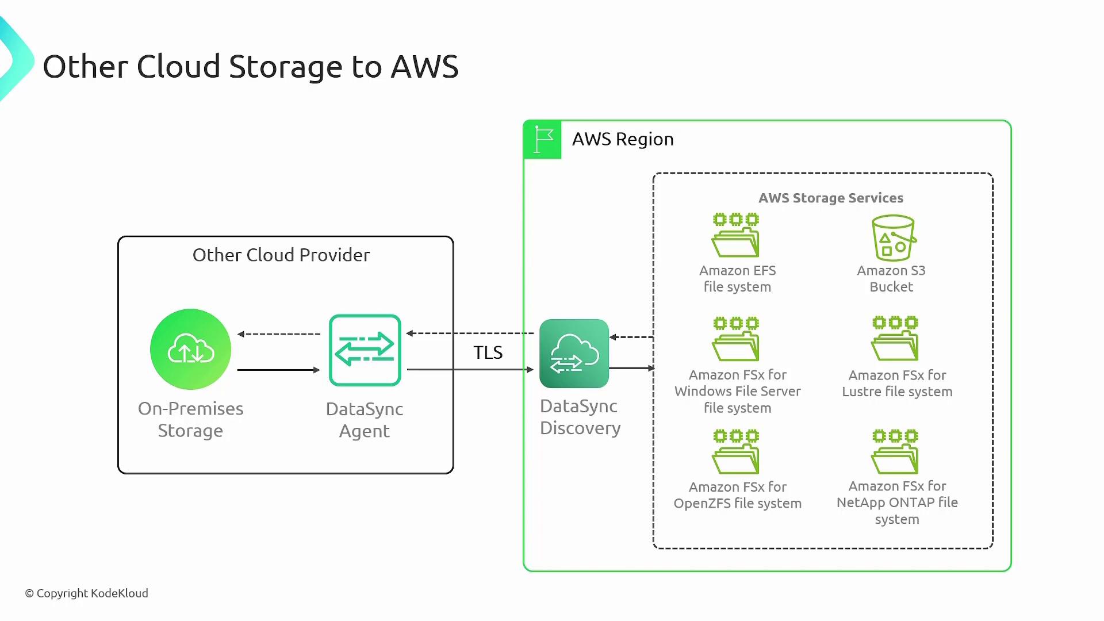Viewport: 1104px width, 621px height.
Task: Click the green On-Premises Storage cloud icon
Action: (x=190, y=349)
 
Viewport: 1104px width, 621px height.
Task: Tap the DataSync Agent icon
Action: (x=365, y=350)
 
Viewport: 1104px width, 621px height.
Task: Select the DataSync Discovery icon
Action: (x=574, y=353)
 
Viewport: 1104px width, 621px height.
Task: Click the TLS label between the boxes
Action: (x=488, y=352)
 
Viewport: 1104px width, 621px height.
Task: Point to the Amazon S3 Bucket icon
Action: (x=893, y=238)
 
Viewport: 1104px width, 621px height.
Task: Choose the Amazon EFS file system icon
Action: (x=736, y=235)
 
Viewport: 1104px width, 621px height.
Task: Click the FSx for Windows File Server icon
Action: (x=736, y=339)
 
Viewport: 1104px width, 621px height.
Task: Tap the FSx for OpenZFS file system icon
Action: (x=736, y=451)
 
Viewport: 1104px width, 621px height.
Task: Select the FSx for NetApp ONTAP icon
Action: (x=895, y=451)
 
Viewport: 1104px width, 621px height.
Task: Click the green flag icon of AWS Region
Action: (x=542, y=140)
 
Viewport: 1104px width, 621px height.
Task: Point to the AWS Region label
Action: (x=623, y=139)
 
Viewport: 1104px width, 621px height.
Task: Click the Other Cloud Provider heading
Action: (x=281, y=255)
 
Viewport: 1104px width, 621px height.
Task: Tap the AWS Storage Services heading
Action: (x=830, y=198)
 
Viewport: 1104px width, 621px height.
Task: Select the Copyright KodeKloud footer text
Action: (x=86, y=593)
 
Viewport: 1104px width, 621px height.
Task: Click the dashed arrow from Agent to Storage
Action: (x=279, y=334)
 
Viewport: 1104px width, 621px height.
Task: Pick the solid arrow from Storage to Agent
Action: (x=278, y=370)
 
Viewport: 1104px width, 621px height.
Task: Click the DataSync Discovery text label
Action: (x=580, y=417)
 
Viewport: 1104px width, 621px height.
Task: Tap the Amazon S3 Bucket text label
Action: (x=891, y=278)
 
